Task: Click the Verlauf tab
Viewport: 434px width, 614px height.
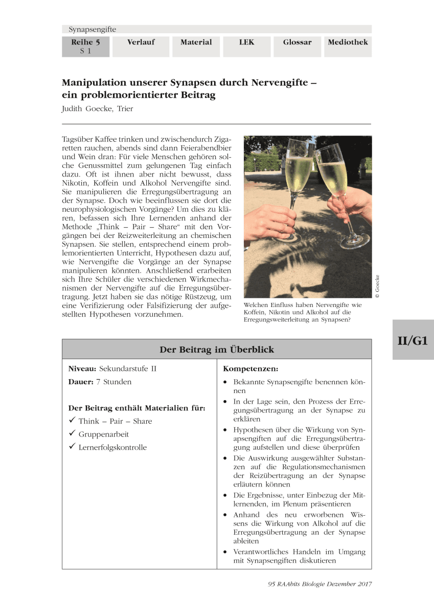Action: coord(141,42)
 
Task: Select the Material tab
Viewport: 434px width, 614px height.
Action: coord(196,42)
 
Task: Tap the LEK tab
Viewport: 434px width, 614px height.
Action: coord(246,42)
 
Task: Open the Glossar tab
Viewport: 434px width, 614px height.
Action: coord(297,42)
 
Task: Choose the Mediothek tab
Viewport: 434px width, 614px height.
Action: coord(348,42)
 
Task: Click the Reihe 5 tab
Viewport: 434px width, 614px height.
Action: coord(85,46)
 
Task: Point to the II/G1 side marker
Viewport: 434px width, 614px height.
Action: coord(413,340)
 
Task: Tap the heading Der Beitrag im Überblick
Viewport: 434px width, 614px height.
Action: coord(217,350)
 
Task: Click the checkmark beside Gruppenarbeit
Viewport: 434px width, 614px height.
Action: coord(72,434)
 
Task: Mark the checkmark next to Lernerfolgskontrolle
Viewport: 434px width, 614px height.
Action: coord(72,447)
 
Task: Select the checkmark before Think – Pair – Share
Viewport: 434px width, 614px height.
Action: coord(72,421)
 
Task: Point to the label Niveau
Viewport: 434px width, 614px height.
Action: coord(82,368)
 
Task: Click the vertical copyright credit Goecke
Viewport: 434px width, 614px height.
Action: coord(377,287)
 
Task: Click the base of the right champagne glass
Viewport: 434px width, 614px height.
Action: coord(355,239)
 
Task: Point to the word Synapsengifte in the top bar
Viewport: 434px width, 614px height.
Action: coord(93,30)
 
